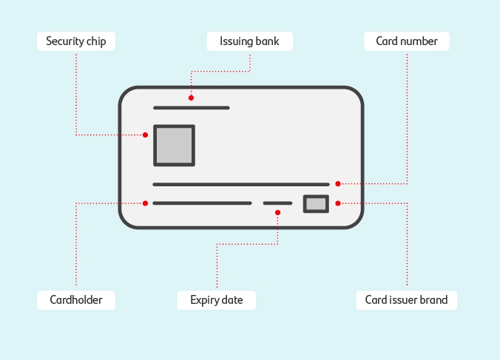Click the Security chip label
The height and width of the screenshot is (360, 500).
[75, 41]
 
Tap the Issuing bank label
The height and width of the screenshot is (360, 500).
[249, 41]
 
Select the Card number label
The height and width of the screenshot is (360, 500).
[406, 41]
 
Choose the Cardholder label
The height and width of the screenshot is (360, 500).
[75, 300]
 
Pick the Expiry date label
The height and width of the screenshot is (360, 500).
[217, 300]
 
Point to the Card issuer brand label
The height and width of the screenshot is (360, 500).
[406, 300]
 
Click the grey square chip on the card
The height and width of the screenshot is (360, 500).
[174, 145]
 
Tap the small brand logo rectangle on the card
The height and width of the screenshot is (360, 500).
[316, 204]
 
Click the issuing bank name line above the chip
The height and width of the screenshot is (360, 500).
[191, 108]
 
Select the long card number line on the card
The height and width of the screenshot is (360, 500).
[240, 184]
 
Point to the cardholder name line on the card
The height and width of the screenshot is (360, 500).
[202, 203]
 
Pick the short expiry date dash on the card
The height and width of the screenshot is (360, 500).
[277, 203]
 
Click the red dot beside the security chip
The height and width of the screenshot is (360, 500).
[146, 135]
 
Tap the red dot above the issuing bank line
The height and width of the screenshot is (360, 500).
[191, 98]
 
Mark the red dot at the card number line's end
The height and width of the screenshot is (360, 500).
[338, 183]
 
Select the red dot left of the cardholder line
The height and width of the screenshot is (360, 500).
[146, 203]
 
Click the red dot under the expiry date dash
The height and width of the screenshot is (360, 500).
[277, 213]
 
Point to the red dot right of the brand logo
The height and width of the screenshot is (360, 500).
[338, 203]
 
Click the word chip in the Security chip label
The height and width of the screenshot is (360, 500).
[94, 41]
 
